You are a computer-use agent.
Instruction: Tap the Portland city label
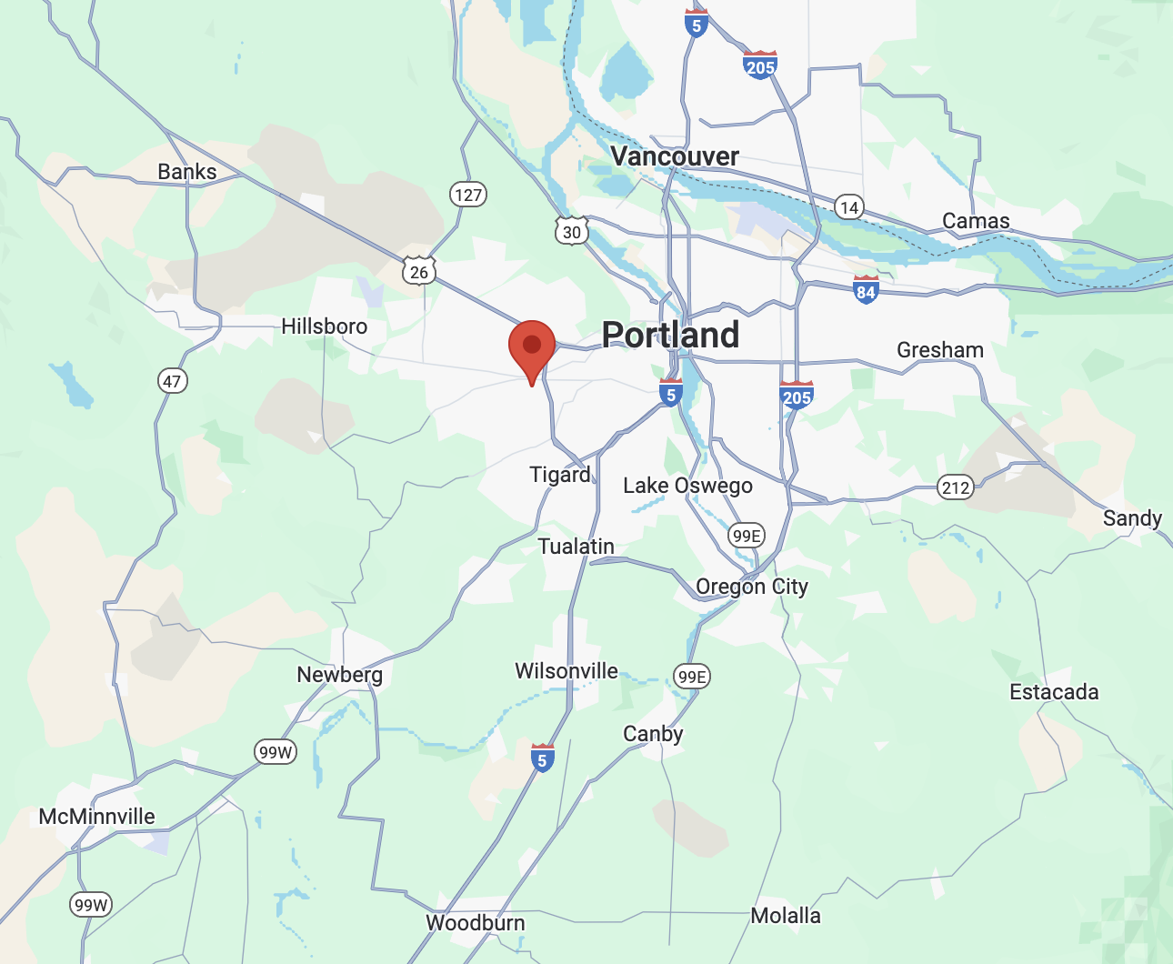click(x=671, y=335)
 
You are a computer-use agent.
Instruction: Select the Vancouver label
click(x=675, y=156)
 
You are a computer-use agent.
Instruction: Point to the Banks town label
click(x=187, y=172)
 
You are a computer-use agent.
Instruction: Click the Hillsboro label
click(x=325, y=326)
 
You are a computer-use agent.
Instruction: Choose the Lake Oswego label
click(x=687, y=486)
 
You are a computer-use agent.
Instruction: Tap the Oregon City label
click(x=752, y=587)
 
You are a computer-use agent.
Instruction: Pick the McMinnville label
click(x=97, y=817)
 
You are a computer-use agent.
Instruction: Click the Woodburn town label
click(x=476, y=923)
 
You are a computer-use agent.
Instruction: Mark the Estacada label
click(x=1054, y=692)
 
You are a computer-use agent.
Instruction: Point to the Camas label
click(x=976, y=221)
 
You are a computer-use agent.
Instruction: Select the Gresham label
click(x=940, y=350)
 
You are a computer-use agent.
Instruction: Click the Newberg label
click(x=340, y=675)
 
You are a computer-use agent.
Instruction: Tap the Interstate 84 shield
click(x=866, y=290)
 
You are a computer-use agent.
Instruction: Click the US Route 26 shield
click(x=419, y=271)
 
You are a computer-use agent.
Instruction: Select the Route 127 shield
click(x=468, y=195)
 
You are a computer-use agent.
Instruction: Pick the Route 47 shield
click(x=173, y=381)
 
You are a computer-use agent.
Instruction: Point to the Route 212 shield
click(x=956, y=487)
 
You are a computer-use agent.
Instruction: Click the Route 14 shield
click(x=849, y=207)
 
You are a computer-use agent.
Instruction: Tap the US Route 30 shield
click(x=572, y=232)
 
